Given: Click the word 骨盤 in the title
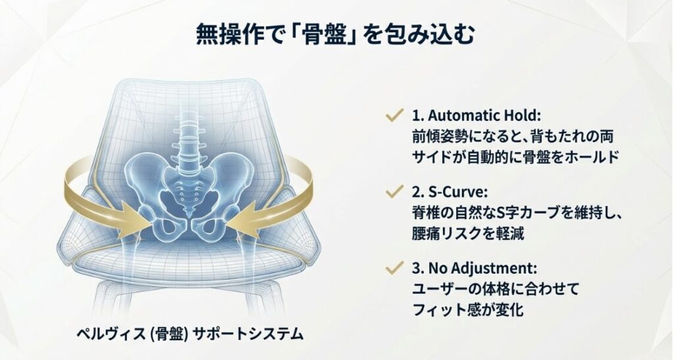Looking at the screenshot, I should coord(328,34).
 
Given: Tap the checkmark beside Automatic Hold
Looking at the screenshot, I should coord(394,116).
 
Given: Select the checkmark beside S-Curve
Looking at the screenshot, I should coord(394,192).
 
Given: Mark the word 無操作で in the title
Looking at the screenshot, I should coord(228,34).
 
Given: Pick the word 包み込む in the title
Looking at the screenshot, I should coord(434,34).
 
